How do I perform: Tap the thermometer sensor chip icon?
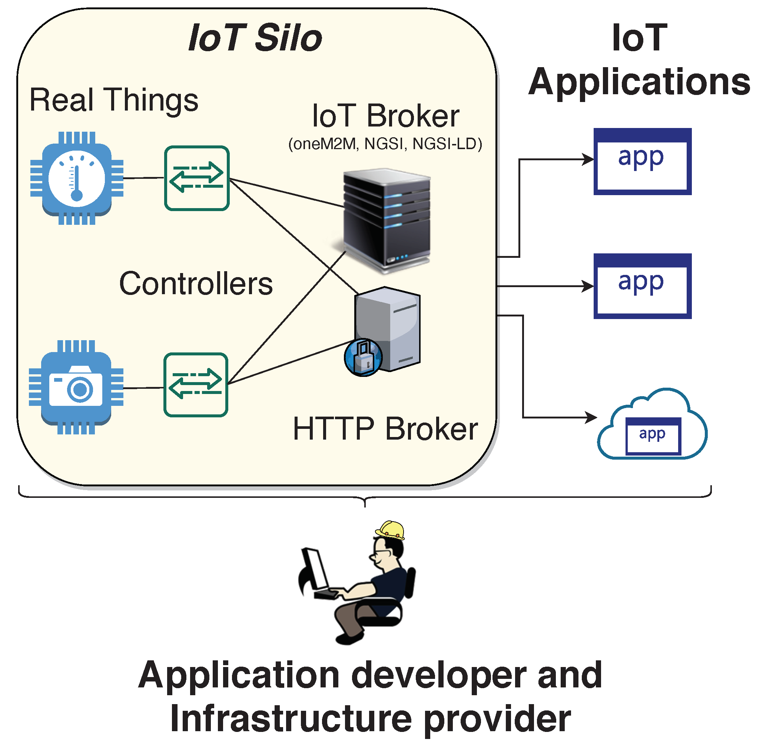[77, 178]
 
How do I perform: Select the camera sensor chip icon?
[76, 387]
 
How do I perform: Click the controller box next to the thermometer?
[196, 178]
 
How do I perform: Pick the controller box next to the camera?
[196, 385]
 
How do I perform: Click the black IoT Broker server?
[387, 219]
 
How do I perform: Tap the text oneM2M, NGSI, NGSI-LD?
[385, 144]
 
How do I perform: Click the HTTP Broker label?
[385, 429]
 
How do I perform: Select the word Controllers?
[196, 284]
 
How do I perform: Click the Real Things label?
[114, 100]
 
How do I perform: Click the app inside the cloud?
[653, 436]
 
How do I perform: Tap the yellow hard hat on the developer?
[390, 529]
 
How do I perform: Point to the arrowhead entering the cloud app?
[591, 417]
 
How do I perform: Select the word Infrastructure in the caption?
[291, 719]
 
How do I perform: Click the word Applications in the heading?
[639, 82]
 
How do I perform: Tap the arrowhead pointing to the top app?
[588, 159]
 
